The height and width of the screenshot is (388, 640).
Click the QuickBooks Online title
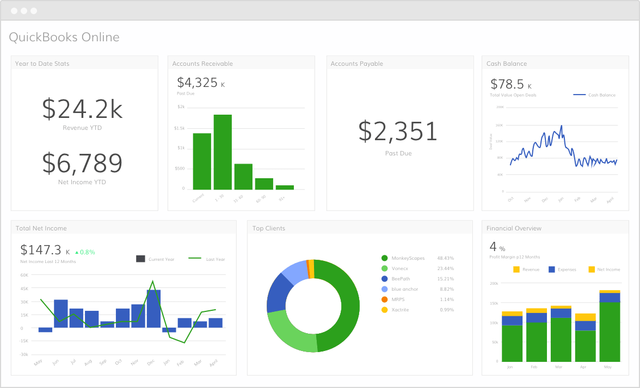click(64, 37)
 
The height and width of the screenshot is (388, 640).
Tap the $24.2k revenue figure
click(82, 109)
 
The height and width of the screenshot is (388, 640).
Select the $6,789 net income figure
click(82, 162)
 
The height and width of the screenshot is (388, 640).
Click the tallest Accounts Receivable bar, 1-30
click(223, 152)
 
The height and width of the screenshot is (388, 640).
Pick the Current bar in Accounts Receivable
click(202, 161)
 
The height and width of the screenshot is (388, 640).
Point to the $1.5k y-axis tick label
click(179, 128)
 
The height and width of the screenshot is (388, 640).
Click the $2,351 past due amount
click(398, 132)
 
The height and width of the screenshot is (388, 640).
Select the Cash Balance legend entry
click(595, 95)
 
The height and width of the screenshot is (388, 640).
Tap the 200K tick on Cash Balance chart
click(500, 107)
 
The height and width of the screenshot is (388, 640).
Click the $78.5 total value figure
click(507, 84)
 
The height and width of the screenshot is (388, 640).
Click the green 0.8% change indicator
click(85, 252)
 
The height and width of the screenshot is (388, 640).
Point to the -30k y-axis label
click(24, 354)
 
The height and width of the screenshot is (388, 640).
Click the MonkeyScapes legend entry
click(407, 258)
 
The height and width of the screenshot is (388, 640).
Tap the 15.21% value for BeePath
click(446, 279)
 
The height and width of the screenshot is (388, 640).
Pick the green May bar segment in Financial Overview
click(610, 331)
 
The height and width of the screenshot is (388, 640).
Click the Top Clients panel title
click(269, 228)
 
